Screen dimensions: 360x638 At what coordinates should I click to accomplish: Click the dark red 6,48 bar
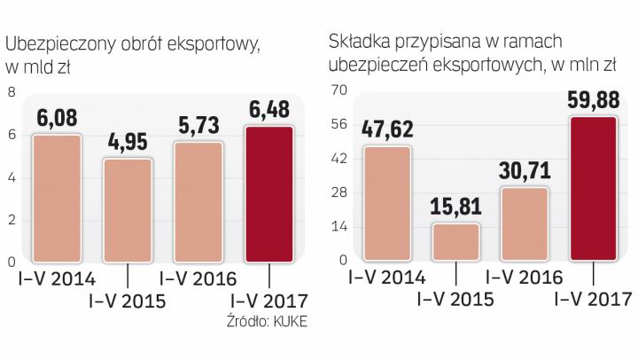[x=268, y=195]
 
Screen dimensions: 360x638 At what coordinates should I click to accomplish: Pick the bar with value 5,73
[x=198, y=202]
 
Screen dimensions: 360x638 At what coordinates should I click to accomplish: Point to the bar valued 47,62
[x=386, y=204]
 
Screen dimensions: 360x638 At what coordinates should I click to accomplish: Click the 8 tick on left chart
[x=12, y=91]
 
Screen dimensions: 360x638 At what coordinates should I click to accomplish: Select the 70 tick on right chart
[x=337, y=91]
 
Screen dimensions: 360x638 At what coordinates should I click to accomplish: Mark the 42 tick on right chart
[x=337, y=160]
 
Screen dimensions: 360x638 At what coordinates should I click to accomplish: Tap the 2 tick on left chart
[x=12, y=219]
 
